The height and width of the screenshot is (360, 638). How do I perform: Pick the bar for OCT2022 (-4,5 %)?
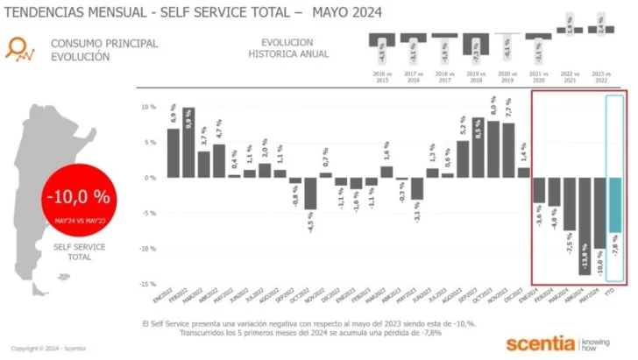tap(310, 193)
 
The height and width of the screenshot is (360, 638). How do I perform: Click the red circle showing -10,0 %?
tap(79, 201)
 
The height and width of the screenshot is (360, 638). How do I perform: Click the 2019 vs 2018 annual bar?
tap(475, 44)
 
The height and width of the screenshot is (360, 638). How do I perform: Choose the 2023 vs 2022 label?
tap(599, 79)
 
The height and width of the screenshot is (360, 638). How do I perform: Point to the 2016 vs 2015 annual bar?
tap(380, 40)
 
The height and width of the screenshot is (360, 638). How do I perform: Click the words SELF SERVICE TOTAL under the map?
tap(80, 252)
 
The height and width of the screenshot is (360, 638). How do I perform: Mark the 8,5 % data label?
tap(478, 135)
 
